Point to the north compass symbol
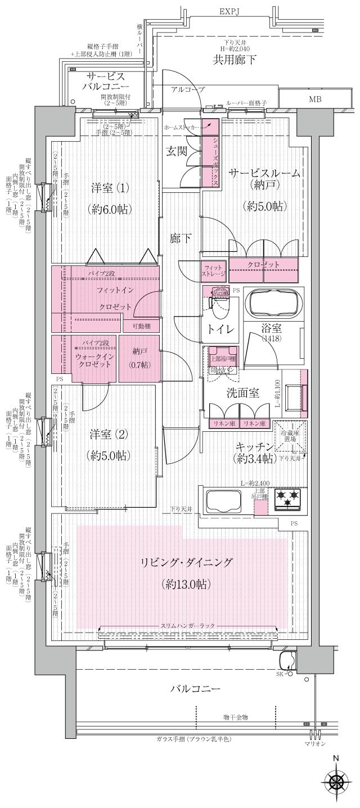click(336, 782)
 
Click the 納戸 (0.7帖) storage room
click(139, 358)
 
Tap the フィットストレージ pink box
click(214, 270)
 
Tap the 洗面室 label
click(243, 393)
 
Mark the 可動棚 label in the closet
click(141, 326)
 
